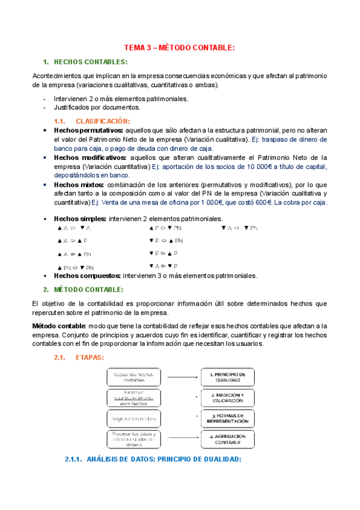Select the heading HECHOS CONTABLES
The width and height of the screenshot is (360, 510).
click(90, 62)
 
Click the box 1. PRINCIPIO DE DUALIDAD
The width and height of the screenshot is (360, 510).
click(227, 377)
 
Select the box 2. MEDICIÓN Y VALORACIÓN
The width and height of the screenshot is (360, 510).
click(227, 397)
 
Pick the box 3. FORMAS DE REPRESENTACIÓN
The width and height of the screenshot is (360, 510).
click(227, 418)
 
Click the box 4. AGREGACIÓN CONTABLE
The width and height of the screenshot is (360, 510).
click(227, 439)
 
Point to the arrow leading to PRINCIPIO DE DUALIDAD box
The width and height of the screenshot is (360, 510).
click(183, 377)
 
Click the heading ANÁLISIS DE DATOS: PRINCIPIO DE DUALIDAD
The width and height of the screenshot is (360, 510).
click(153, 459)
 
